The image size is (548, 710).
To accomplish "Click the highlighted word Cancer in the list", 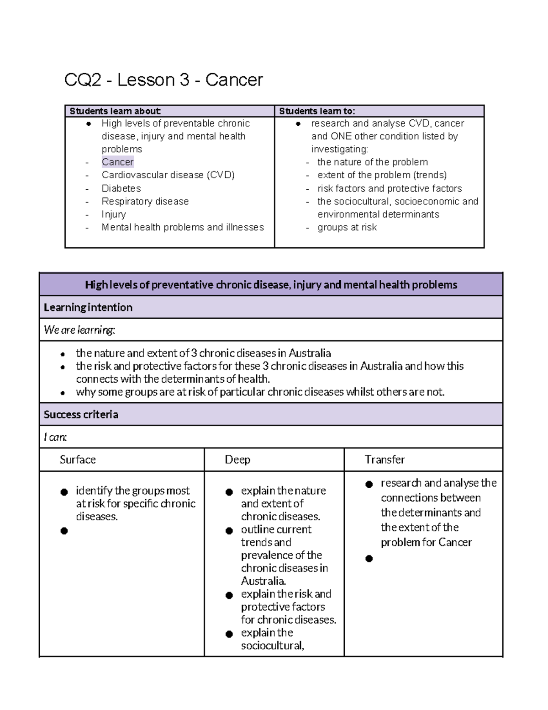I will [117, 162].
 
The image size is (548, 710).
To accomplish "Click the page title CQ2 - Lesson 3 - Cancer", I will [163, 80].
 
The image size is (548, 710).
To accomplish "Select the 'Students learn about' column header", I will [115, 111].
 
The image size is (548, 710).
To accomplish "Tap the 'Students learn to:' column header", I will [317, 111].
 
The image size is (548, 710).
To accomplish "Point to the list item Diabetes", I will [121, 188].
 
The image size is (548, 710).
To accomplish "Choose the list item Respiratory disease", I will [145, 201].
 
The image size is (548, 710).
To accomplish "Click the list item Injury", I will [114, 214].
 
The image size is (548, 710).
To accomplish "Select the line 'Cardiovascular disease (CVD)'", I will [168, 175].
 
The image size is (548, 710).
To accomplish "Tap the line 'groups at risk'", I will [347, 227].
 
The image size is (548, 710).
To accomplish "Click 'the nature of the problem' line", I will [373, 162].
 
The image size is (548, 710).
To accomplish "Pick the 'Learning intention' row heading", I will [88, 307].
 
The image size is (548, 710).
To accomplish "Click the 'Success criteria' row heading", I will [81, 414].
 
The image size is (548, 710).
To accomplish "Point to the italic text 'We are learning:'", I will [79, 330].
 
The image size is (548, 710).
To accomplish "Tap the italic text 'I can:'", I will [55, 437].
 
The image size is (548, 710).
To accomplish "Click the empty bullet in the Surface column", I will [64, 531].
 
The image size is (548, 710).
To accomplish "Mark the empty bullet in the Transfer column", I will [369, 559].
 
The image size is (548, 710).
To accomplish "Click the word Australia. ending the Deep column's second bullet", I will [263, 581].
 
